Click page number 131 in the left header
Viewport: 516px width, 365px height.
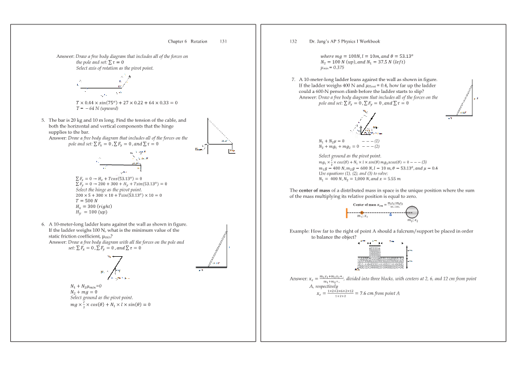click(x=223, y=41)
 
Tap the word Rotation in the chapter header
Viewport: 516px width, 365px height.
click(x=199, y=41)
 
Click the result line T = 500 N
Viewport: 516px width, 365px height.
click(x=87, y=201)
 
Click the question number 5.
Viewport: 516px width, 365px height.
click(x=43, y=120)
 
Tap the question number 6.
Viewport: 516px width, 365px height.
click(x=43, y=224)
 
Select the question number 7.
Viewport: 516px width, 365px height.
click(x=292, y=79)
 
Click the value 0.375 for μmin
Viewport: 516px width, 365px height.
click(x=328, y=67)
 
